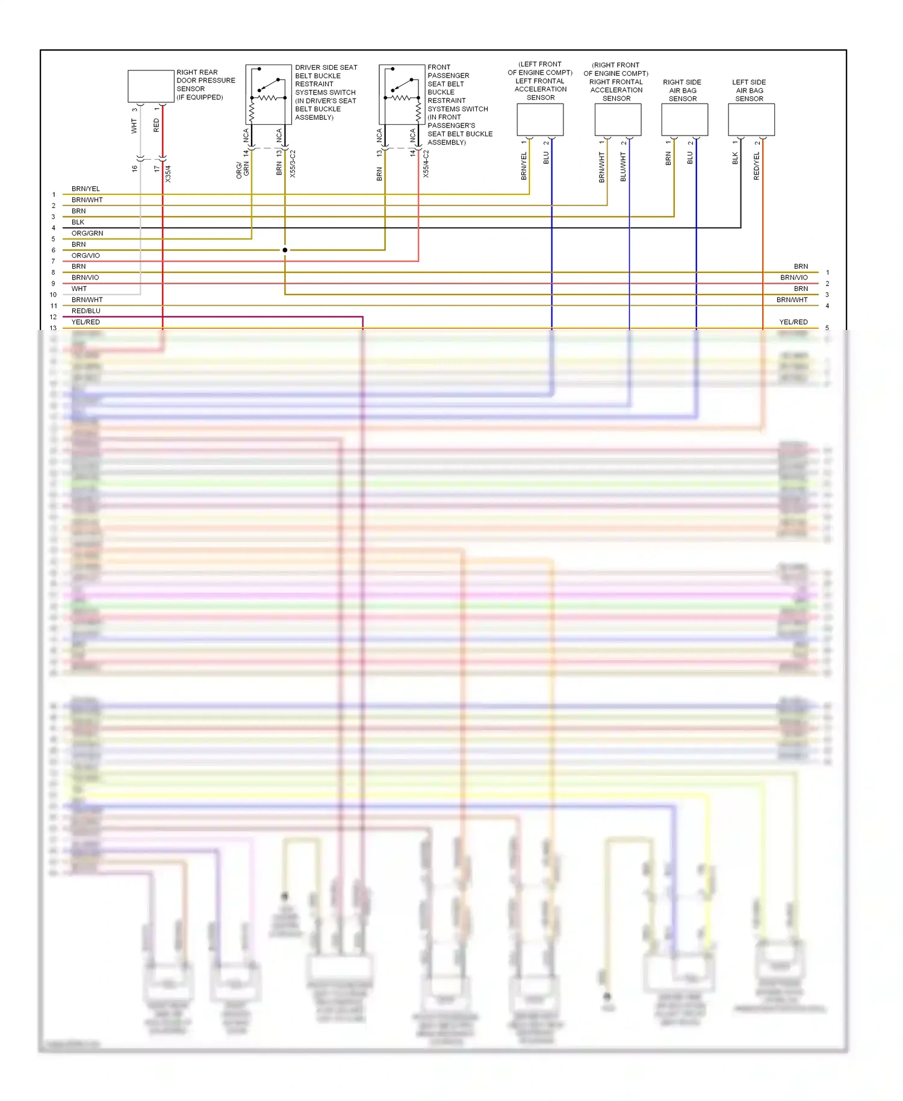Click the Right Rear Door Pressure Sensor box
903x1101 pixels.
[x=150, y=86]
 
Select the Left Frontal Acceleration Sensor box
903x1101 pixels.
[x=540, y=119]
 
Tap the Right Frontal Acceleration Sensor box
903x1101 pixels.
[x=618, y=119]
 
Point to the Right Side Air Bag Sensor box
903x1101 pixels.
[x=684, y=119]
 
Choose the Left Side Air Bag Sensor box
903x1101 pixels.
[x=751, y=119]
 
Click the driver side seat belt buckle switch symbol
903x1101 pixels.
[x=268, y=94]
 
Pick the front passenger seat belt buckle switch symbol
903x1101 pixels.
[x=402, y=94]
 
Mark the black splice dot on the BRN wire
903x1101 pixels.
[x=285, y=250]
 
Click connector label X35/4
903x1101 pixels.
[x=168, y=174]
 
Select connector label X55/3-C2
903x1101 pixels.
[x=293, y=164]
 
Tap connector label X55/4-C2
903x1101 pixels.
[x=426, y=164]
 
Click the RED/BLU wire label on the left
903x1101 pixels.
[x=86, y=311]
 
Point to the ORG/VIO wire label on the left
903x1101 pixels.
[x=85, y=255]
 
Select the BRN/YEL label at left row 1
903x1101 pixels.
[x=85, y=189]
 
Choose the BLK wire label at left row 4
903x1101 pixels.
[x=78, y=222]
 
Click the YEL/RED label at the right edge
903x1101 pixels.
[x=793, y=322]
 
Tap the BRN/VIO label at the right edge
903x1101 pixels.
[x=793, y=278]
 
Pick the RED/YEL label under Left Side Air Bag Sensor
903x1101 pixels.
[x=757, y=166]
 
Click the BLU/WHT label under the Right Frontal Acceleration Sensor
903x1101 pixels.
[x=623, y=167]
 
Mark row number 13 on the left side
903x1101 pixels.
[x=54, y=328]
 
